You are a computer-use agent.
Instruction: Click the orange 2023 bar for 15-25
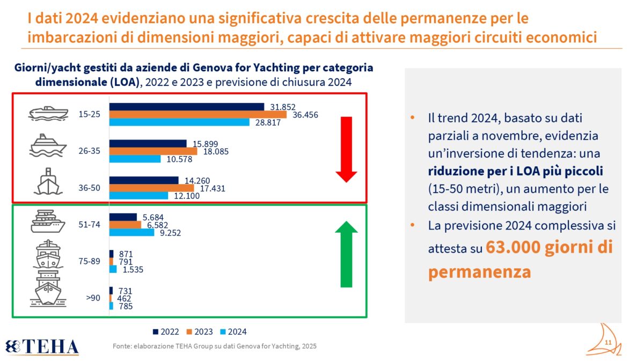(x=198, y=114)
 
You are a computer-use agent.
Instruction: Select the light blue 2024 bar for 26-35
(x=135, y=159)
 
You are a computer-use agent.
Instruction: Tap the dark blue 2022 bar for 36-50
(x=144, y=180)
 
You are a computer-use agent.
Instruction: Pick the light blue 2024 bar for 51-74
(x=131, y=232)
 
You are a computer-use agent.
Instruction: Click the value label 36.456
(x=305, y=115)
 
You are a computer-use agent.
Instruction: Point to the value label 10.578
(x=179, y=159)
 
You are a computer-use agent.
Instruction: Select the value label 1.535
(x=133, y=269)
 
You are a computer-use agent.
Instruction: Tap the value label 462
(x=124, y=299)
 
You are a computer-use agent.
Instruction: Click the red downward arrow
(x=347, y=150)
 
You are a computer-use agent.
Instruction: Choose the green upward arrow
(x=347, y=254)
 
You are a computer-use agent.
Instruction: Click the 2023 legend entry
(x=200, y=332)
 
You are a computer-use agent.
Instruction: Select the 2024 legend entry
(x=233, y=332)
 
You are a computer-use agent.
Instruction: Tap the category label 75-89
(x=90, y=261)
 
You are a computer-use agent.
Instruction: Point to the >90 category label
(x=93, y=298)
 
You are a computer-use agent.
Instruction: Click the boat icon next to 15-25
(x=48, y=114)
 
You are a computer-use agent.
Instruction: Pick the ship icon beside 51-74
(x=48, y=221)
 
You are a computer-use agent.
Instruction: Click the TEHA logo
(x=42, y=347)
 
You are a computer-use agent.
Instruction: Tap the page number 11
(x=608, y=343)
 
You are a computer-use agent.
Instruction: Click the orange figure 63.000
(x=513, y=247)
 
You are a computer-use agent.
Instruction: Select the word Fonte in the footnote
(x=122, y=346)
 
